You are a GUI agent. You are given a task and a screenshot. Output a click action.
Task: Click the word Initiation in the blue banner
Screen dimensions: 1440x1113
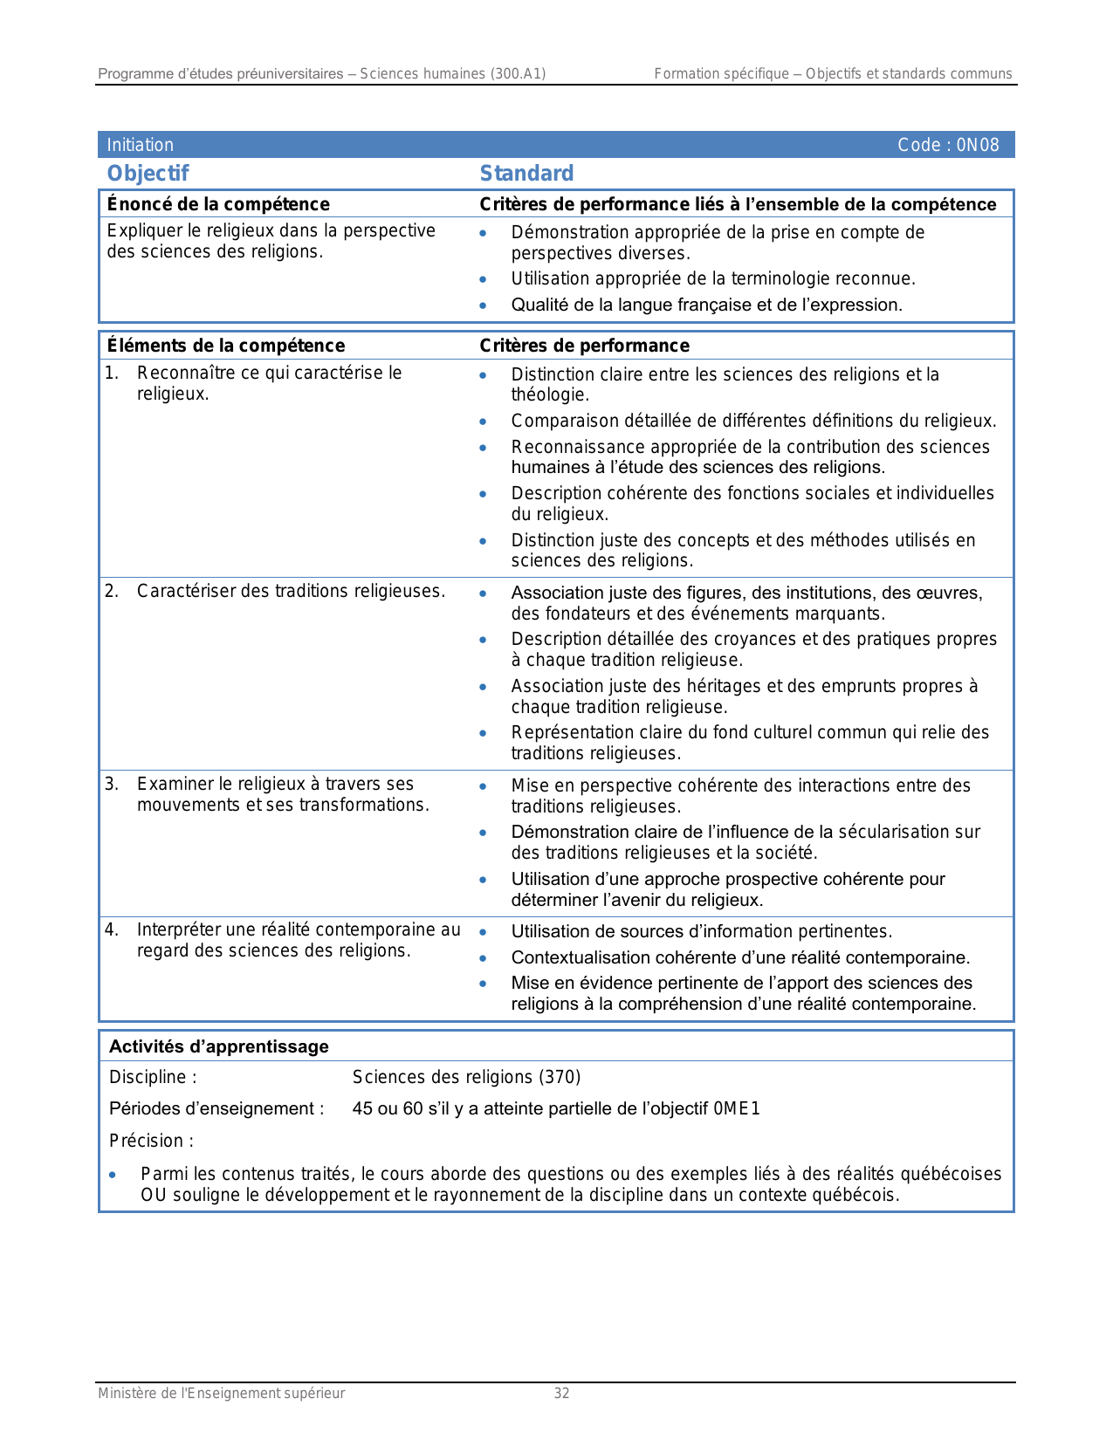(140, 145)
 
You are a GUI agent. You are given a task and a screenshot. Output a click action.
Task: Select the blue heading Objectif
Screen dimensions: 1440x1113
(148, 174)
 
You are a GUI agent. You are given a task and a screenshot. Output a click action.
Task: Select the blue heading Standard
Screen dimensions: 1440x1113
(526, 174)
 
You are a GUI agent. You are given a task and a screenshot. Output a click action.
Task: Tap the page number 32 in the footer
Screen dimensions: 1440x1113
(561, 1394)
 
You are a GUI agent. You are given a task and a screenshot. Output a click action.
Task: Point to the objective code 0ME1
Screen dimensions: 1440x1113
(737, 1109)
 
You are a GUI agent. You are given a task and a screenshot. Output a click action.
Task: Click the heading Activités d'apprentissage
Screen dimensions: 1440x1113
(218, 1046)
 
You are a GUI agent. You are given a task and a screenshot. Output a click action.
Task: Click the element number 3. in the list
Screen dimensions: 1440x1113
(112, 784)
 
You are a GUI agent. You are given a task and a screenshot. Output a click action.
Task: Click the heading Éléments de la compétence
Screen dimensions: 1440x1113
(225, 346)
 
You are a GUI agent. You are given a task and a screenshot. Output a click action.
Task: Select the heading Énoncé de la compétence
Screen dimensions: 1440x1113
(218, 204)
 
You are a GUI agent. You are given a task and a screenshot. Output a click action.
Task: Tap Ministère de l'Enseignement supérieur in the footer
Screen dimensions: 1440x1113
(221, 1394)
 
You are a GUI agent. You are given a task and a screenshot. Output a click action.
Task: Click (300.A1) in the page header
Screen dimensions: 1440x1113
(518, 74)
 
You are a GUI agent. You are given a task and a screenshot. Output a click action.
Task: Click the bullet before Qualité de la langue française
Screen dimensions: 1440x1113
(483, 305)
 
